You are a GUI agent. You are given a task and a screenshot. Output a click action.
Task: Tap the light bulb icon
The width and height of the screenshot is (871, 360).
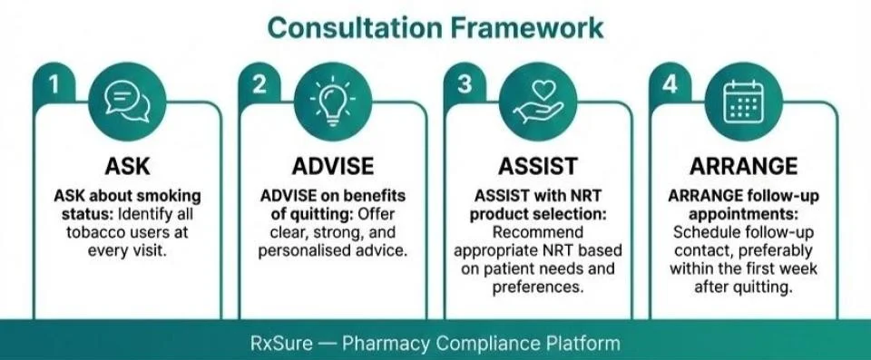pyautogui.click(x=333, y=99)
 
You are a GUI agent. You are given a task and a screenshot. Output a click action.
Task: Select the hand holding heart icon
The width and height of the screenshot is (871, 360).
pyautogui.click(x=538, y=101)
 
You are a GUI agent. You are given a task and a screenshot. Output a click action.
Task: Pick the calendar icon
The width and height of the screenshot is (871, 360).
pyautogui.click(x=743, y=99)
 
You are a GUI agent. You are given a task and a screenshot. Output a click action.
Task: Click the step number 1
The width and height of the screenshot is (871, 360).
pyautogui.click(x=54, y=84)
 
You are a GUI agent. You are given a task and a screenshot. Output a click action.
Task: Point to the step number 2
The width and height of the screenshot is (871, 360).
pyautogui.click(x=260, y=84)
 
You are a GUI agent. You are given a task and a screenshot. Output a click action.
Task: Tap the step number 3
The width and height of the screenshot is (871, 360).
pyautogui.click(x=465, y=84)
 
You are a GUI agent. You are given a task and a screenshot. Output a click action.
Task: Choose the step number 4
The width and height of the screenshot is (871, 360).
pyautogui.click(x=670, y=84)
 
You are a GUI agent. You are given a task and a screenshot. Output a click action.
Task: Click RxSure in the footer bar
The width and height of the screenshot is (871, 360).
pyautogui.click(x=280, y=344)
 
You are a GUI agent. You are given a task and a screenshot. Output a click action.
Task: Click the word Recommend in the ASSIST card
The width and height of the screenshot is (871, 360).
pyautogui.click(x=538, y=231)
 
